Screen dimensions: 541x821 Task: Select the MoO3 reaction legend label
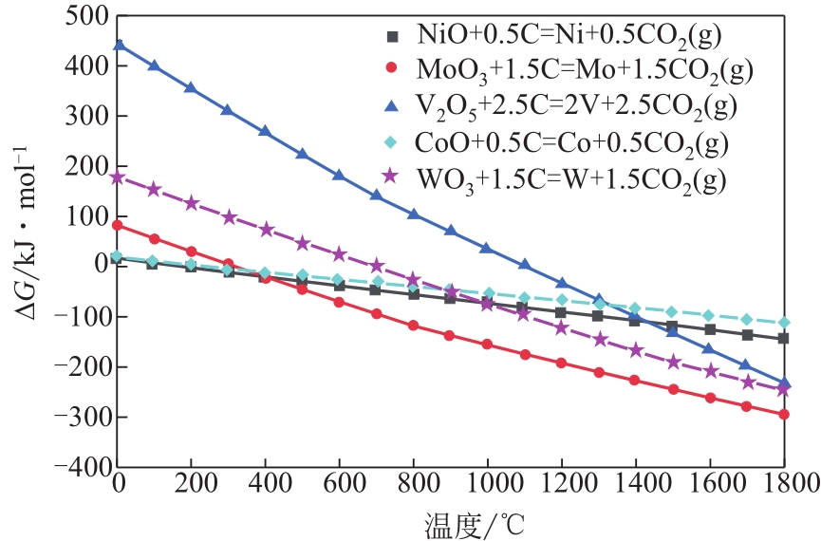586,69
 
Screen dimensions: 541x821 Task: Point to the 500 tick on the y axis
83,17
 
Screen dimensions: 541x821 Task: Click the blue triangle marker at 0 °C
119,45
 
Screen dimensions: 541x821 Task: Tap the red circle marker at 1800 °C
784,414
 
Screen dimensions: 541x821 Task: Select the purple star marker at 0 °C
119,177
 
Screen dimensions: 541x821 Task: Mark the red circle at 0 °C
119,225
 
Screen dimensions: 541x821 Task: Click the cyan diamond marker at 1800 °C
784,323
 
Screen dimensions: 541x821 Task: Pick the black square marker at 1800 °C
784,338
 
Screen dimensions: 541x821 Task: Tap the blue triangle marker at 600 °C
340,175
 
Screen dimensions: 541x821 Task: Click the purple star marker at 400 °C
267,229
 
